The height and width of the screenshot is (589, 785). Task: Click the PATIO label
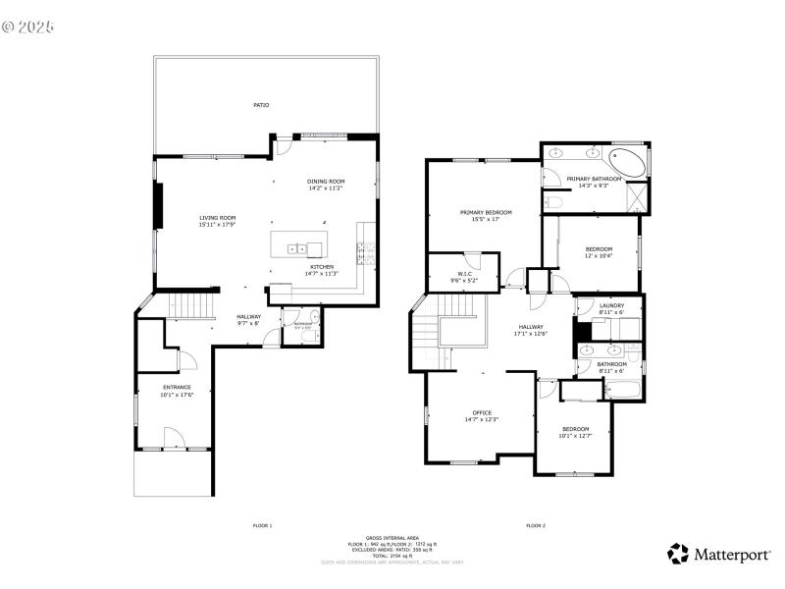[261, 105]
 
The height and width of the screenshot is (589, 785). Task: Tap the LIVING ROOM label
[218, 218]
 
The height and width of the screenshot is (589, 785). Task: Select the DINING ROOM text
[326, 182]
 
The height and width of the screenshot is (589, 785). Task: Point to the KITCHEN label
[322, 267]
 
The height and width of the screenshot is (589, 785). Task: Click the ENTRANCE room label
[177, 387]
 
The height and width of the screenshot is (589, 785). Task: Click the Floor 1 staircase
[192, 307]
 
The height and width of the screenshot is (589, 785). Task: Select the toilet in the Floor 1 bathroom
[310, 336]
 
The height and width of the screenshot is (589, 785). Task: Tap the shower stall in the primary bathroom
[637, 197]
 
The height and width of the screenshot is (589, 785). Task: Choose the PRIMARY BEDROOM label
[487, 212]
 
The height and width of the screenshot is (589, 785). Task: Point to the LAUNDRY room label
[611, 305]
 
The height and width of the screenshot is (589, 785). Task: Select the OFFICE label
[482, 412]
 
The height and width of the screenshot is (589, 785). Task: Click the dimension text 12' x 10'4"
[599, 256]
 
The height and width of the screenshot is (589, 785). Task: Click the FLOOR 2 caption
[535, 526]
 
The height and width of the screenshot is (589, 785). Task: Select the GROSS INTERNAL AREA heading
[392, 538]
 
